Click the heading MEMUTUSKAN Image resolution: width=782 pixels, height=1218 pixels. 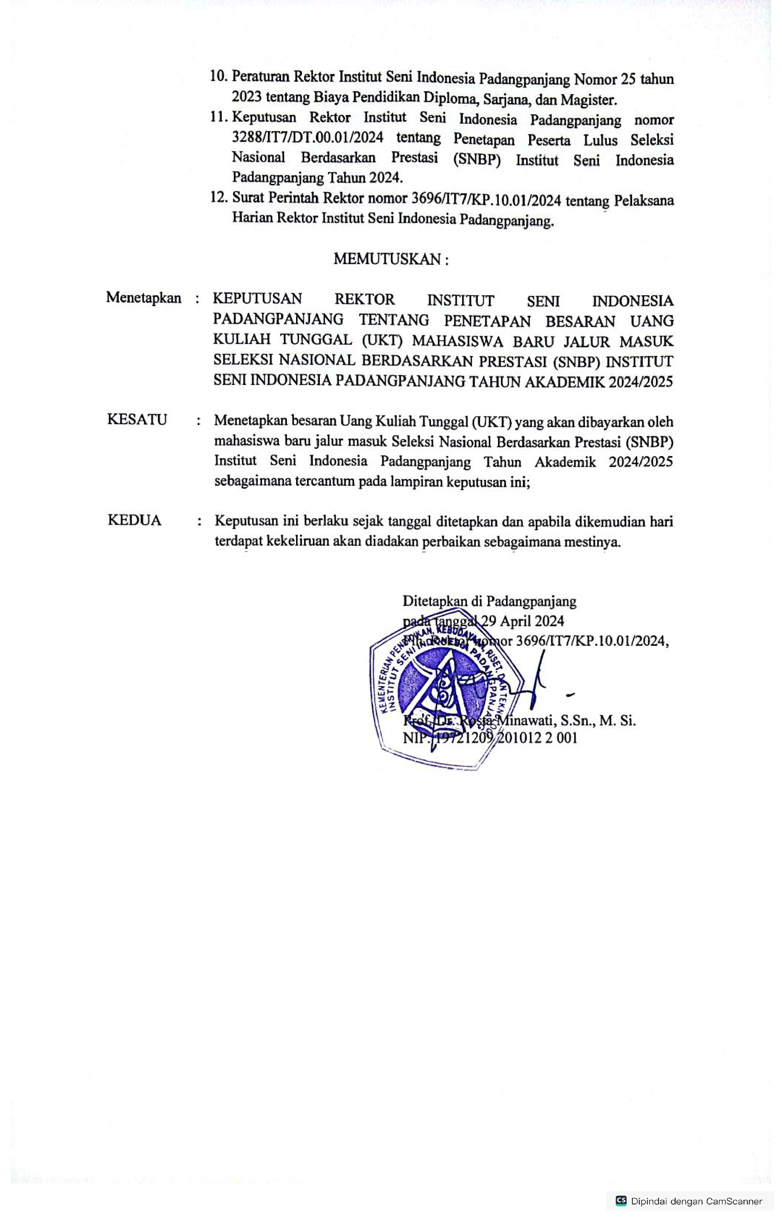tap(391, 259)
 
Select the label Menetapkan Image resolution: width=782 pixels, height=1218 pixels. tap(144, 297)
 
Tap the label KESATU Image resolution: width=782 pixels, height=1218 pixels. tap(137, 420)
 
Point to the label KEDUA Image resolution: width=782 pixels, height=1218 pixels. tap(134, 520)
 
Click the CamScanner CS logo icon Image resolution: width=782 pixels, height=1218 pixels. tap(620, 1201)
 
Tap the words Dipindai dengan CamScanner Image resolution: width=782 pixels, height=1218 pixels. tap(696, 1201)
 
